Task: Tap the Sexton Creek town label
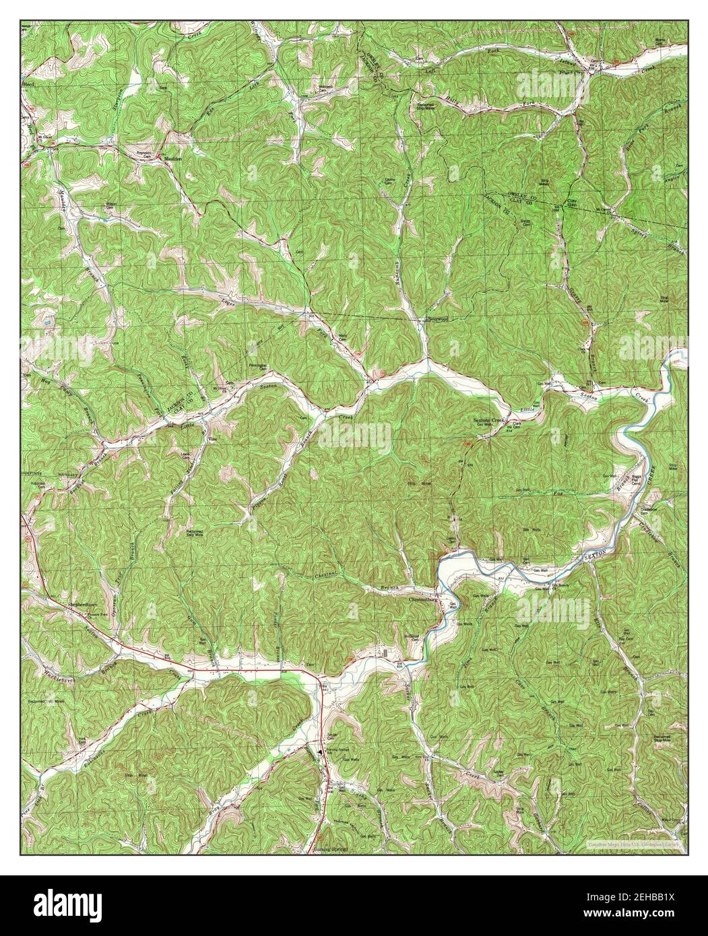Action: [x=488, y=420]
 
